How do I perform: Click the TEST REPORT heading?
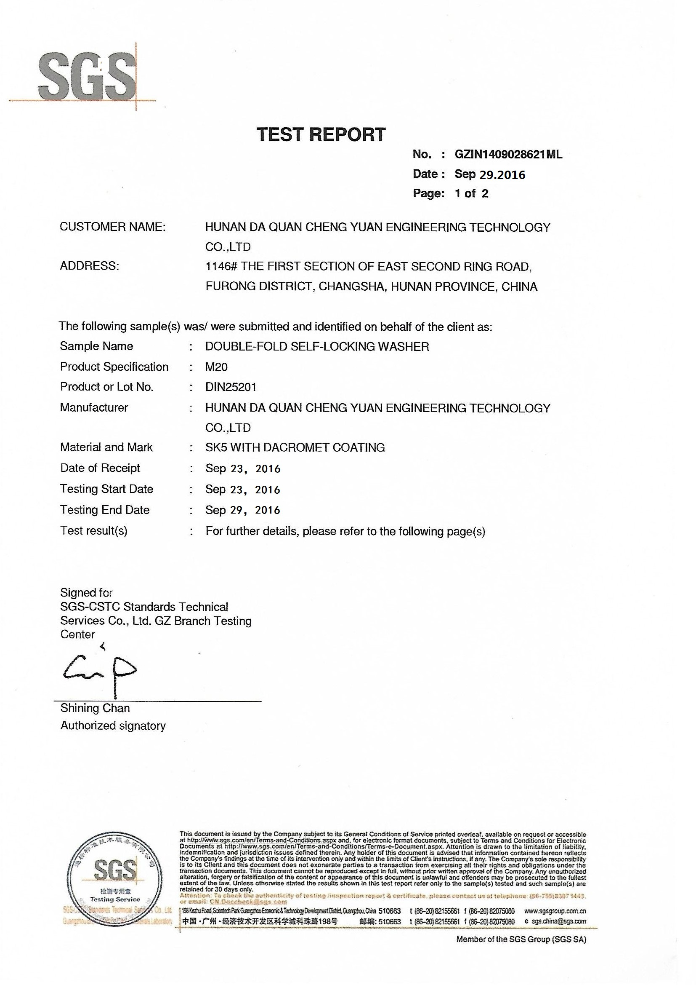321,135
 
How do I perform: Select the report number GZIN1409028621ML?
508,155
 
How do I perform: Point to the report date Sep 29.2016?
489,174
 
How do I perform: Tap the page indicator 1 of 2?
471,193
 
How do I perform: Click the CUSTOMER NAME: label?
113,227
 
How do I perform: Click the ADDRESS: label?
90,266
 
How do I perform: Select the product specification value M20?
216,367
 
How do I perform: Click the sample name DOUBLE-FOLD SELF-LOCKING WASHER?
317,347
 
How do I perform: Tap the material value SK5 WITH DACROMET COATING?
295,448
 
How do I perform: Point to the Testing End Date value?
242,510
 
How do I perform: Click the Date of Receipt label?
100,468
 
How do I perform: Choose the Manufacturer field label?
94,407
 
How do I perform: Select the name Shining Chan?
95,708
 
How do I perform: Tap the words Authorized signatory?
113,726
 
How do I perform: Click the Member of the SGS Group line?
521,939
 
